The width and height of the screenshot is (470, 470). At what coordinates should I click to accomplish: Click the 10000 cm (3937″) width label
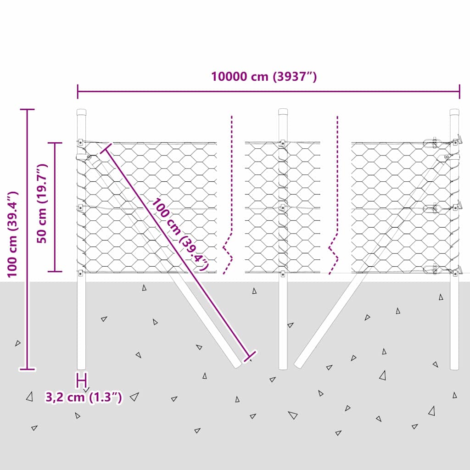264,77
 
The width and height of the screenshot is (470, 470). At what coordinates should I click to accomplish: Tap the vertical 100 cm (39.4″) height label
13,235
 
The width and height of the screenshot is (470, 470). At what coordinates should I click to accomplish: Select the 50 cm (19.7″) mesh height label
42,203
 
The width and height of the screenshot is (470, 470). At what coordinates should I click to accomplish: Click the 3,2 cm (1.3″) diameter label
84,397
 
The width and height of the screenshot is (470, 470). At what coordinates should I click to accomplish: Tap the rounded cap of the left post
82,112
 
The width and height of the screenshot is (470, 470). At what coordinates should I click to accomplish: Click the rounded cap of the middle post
283,112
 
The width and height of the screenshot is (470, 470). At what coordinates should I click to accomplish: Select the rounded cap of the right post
454,112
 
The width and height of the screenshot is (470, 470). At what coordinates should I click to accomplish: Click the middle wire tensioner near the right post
432,208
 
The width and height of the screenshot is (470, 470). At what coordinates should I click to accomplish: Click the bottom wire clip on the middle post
283,274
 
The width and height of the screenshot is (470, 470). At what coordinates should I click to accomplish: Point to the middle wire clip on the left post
80,207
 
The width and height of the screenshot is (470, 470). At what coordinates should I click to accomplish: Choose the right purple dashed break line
334,195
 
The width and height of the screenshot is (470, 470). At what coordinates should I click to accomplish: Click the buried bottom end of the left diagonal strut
237,364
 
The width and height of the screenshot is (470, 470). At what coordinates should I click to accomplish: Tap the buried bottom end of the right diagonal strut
298,364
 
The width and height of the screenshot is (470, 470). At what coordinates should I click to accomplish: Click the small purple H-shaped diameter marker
82,380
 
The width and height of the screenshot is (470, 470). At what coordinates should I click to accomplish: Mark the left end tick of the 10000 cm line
78,91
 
